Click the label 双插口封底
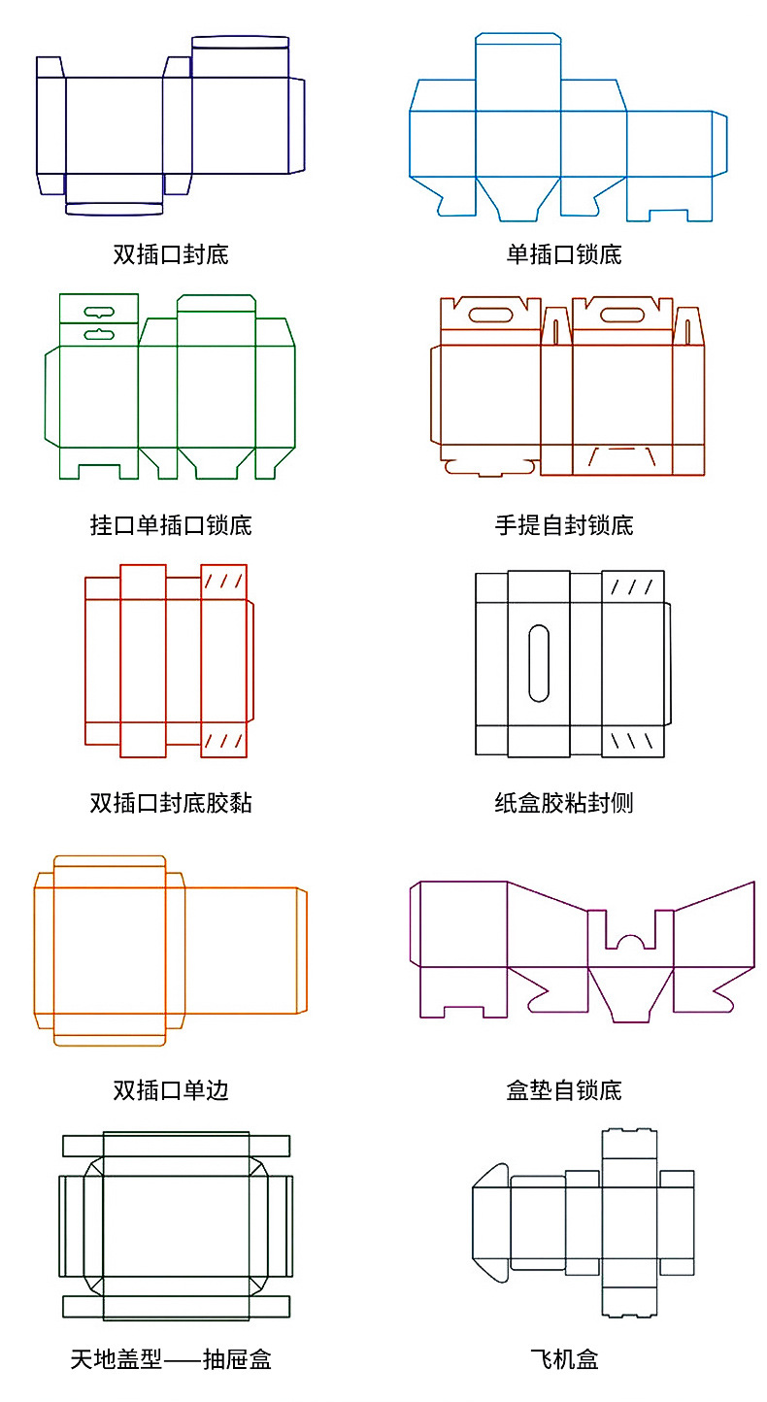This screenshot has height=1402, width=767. pyautogui.click(x=171, y=255)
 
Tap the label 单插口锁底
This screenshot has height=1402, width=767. pyautogui.click(x=563, y=255)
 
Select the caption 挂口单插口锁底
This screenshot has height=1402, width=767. pyautogui.click(x=171, y=525)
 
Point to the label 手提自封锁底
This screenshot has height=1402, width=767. pyautogui.click(x=563, y=525)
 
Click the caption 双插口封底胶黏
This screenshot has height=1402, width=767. pyautogui.click(x=171, y=803)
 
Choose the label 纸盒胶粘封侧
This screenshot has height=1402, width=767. pyautogui.click(x=563, y=803)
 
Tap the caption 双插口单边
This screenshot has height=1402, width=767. pyautogui.click(x=171, y=1090)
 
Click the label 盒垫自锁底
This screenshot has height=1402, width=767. pyautogui.click(x=563, y=1090)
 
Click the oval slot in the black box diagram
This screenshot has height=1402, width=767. pyautogui.click(x=538, y=664)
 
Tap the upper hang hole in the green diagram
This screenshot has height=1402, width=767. pyautogui.click(x=99, y=313)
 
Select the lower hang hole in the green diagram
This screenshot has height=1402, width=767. pyautogui.click(x=99, y=334)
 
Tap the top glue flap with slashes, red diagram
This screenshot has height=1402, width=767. pyautogui.click(x=223, y=582)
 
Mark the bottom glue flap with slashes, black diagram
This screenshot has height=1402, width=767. pyautogui.click(x=633, y=742)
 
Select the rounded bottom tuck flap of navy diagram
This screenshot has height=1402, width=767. pyautogui.click(x=115, y=209)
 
